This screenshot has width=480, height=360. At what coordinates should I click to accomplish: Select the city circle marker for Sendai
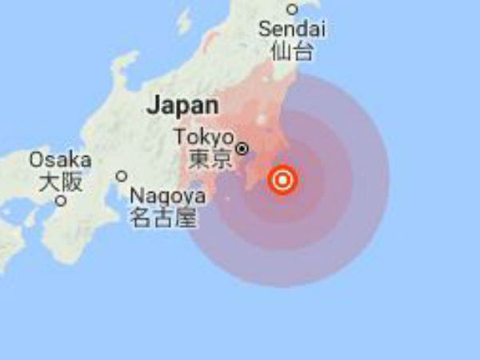tap(292, 10)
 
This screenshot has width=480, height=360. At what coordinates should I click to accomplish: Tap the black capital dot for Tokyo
tap(242, 148)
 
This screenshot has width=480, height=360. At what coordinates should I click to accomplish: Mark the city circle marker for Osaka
tap(60, 201)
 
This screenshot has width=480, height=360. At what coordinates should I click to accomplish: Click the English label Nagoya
tap(162, 195)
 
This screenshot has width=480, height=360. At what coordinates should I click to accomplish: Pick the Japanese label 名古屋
tap(162, 217)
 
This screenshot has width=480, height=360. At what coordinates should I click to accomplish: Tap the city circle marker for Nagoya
tap(122, 176)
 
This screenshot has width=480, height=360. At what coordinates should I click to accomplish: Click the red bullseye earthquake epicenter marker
tap(282, 180)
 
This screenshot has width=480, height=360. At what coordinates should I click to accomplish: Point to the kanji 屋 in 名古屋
tap(184, 217)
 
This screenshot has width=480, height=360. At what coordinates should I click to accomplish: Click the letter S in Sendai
tap(265, 30)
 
